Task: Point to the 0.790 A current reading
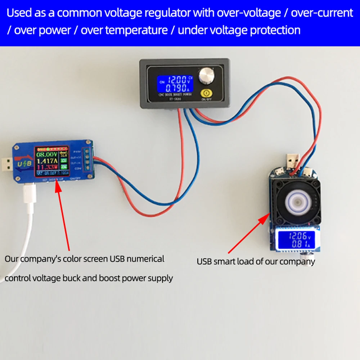point(176,88)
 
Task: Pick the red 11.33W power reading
point(45,167)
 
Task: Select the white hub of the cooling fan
point(297,201)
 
